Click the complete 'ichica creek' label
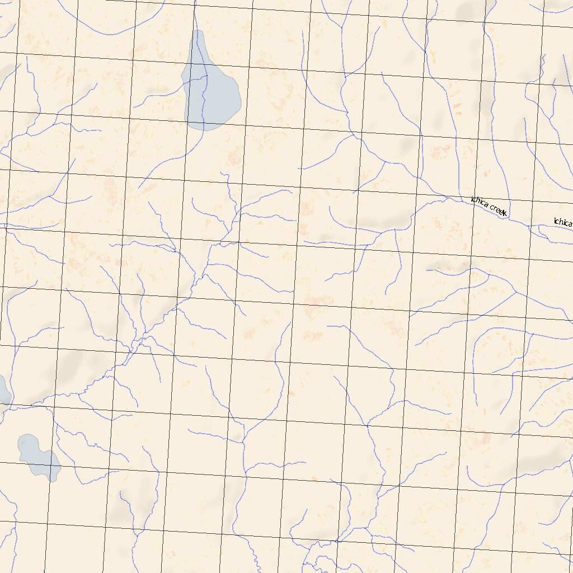(x=489, y=206)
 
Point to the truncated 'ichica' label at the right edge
(x=562, y=222)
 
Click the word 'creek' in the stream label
(x=497, y=210)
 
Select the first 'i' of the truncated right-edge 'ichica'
(x=555, y=220)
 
